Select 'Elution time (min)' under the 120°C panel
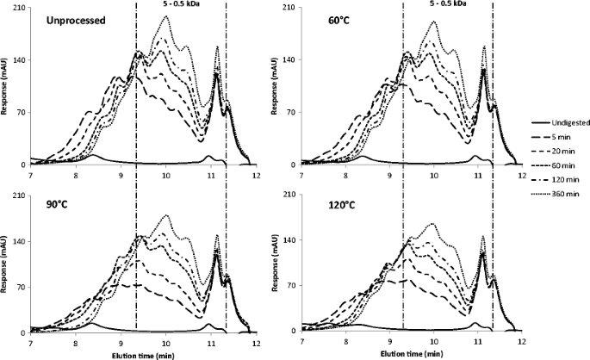(412, 354)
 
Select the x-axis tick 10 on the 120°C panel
(434, 344)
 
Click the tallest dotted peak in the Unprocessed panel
(166, 16)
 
